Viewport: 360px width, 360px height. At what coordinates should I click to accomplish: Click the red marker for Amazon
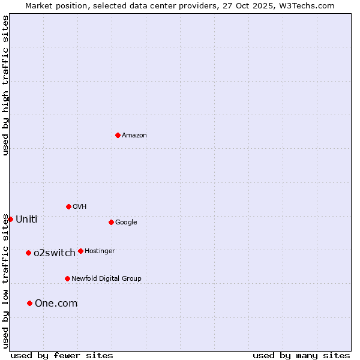click(118, 135)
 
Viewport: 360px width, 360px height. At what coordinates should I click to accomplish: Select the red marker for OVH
click(68, 206)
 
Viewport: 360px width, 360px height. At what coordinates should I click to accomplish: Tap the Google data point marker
click(111, 222)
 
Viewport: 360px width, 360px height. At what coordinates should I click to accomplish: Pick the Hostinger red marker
click(80, 251)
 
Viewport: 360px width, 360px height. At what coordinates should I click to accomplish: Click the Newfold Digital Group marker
click(67, 278)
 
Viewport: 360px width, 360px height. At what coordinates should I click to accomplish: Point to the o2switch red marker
click(28, 253)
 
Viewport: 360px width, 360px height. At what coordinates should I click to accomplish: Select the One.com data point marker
click(29, 303)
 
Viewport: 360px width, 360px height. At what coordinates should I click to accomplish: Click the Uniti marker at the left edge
click(10, 219)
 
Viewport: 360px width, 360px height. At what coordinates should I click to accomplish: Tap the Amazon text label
click(134, 136)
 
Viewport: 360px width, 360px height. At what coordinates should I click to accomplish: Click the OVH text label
click(80, 207)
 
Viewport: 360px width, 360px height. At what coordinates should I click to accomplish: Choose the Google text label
click(126, 223)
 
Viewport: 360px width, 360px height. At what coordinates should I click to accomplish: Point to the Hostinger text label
click(100, 251)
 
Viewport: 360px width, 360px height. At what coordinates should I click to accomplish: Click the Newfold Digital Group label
click(106, 279)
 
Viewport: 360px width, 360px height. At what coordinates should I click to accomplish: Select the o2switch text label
click(55, 253)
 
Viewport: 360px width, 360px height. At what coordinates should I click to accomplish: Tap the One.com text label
click(56, 304)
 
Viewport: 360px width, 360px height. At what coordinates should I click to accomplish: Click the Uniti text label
click(26, 220)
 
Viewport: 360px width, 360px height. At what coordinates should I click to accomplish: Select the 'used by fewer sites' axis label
click(62, 355)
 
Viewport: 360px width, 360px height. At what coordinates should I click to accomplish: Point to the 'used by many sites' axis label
click(301, 355)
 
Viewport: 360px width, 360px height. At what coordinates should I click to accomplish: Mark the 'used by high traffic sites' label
click(5, 85)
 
